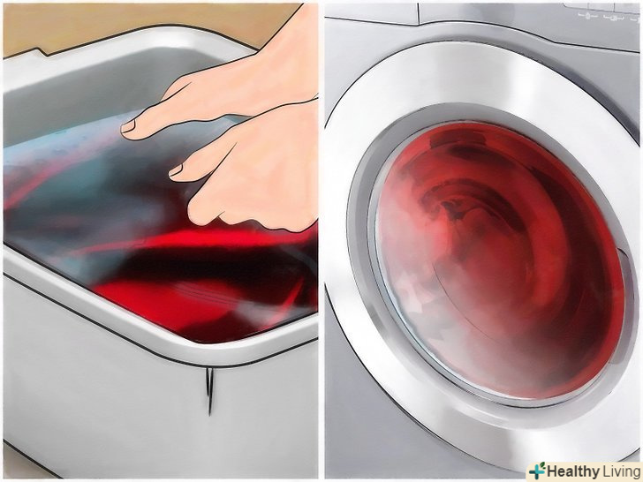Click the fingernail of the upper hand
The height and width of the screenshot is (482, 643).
pyautogui.click(x=127, y=126)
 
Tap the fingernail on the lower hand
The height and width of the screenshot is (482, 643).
pyautogui.click(x=176, y=170)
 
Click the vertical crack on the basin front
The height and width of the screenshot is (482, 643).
pyautogui.click(x=209, y=390)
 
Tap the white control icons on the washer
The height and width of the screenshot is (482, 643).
pyautogui.click(x=607, y=17)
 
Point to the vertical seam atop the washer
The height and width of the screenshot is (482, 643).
pyautogui.click(x=419, y=13)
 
